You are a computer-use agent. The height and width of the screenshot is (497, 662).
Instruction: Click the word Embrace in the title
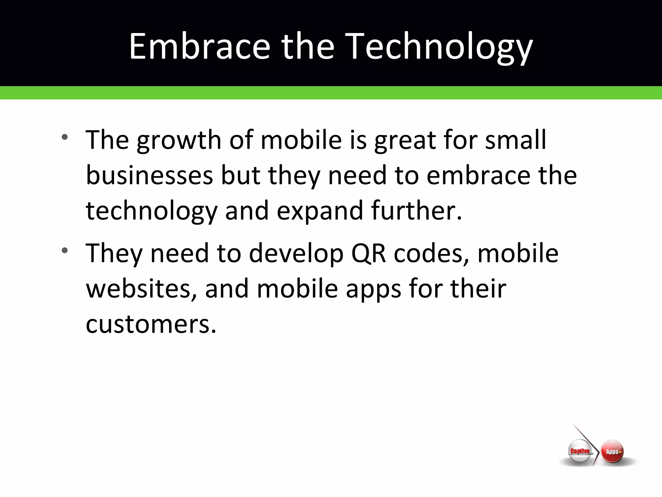tap(199, 47)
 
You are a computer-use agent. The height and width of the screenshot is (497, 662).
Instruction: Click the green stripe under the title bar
tap(331, 93)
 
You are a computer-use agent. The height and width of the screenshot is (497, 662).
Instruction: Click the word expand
tap(320, 211)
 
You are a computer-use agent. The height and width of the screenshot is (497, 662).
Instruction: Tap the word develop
tap(296, 254)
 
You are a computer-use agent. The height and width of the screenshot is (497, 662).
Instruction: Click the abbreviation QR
tap(368, 254)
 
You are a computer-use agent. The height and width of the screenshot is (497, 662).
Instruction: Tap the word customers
tap(151, 324)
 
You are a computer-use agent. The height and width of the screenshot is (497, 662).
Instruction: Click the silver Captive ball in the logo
tap(580, 452)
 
